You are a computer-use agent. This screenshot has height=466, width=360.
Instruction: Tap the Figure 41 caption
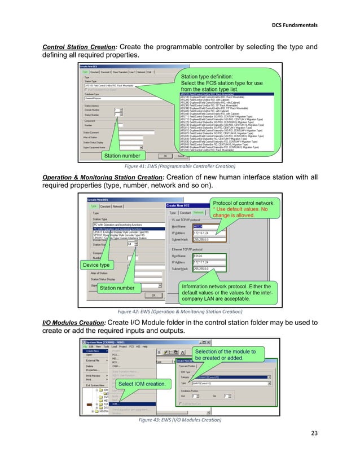pyautogui.click(x=180, y=167)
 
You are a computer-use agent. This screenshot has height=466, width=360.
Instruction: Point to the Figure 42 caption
pyautogui.click(x=180, y=310)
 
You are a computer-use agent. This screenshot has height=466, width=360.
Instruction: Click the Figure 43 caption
pyautogui.click(x=180, y=420)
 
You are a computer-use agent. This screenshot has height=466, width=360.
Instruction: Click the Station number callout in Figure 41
pyautogui.click(x=122, y=155)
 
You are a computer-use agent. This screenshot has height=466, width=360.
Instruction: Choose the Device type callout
pyautogui.click(x=96, y=265)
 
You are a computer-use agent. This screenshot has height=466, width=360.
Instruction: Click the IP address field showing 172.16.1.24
pyautogui.click(x=209, y=232)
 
